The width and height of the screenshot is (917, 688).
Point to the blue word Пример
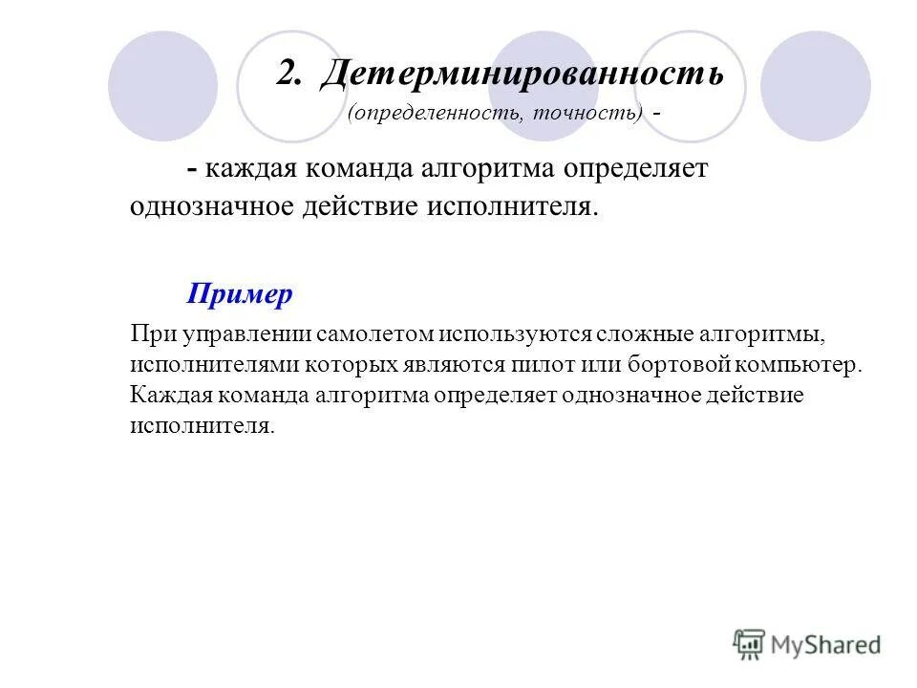point(240,294)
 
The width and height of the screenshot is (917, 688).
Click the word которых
point(328,365)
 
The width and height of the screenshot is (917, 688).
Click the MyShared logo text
point(826,645)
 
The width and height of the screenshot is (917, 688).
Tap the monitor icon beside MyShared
point(749,644)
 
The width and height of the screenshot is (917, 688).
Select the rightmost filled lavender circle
point(815,86)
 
